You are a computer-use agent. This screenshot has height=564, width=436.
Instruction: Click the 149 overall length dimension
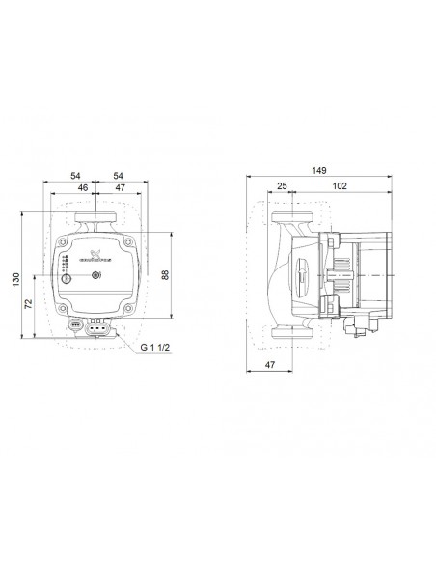coord(318,170)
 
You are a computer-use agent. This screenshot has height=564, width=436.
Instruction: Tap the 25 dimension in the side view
coord(281,185)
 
